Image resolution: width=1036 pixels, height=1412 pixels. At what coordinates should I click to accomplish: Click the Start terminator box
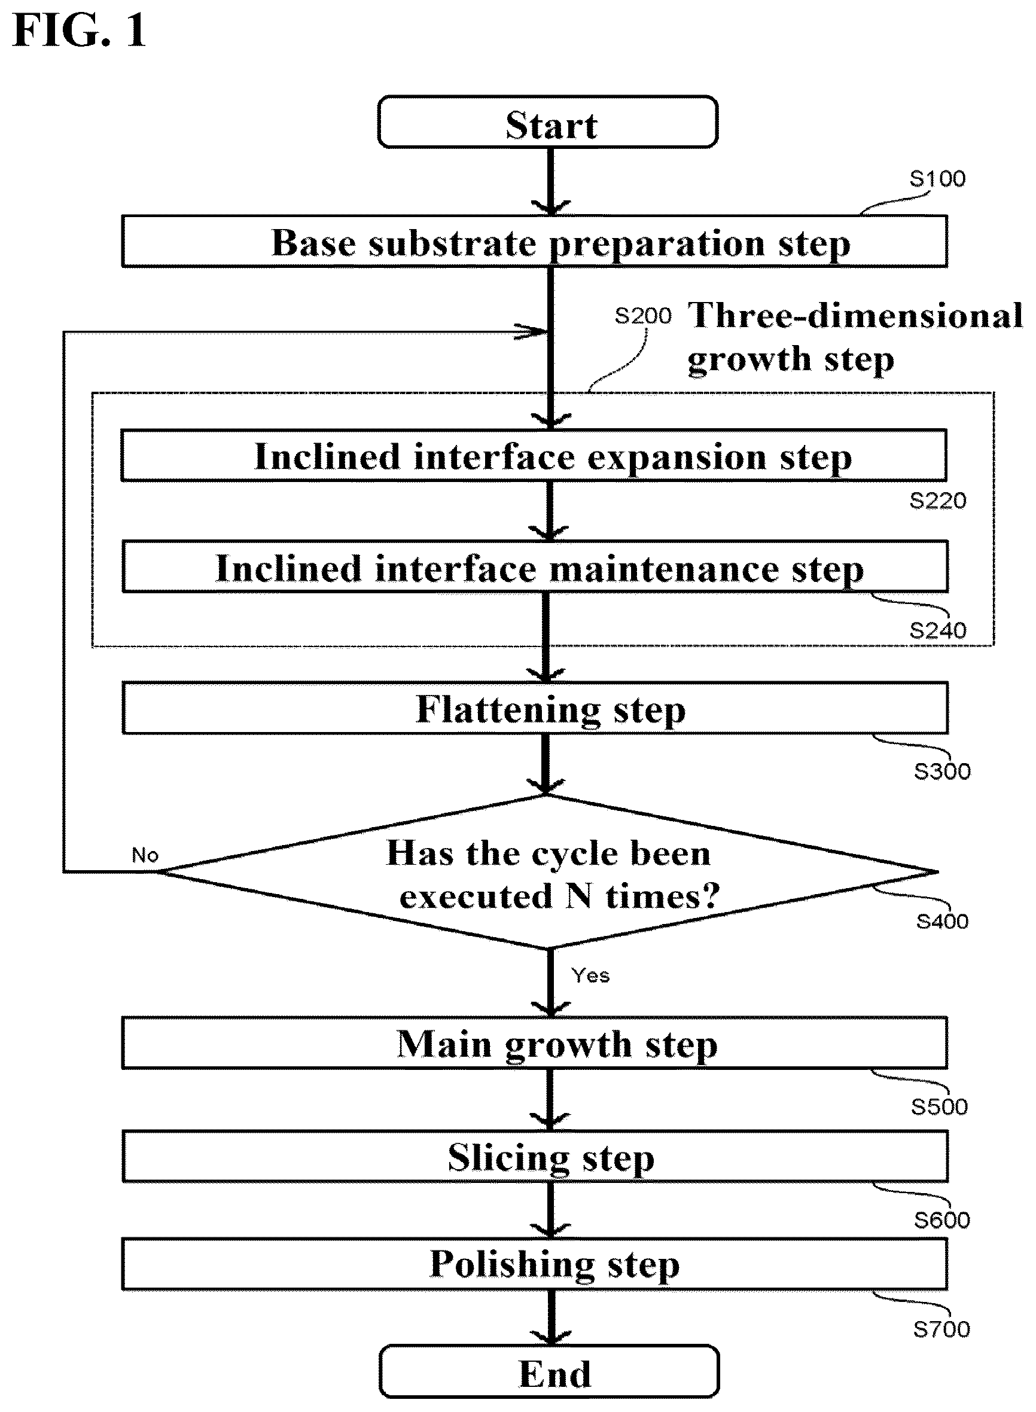[547, 121]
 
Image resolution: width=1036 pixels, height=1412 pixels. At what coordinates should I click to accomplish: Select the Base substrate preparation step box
[534, 242]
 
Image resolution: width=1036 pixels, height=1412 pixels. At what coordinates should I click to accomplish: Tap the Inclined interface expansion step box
[534, 455]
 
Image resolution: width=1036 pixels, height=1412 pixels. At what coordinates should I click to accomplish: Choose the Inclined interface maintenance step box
[535, 567]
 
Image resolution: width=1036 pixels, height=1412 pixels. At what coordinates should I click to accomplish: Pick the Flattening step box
[535, 708]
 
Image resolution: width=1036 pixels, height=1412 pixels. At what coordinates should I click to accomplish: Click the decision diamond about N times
[547, 872]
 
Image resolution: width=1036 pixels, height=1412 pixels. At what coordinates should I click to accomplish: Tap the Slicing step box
[535, 1157]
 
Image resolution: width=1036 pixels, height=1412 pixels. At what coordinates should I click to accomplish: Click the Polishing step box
[534, 1264]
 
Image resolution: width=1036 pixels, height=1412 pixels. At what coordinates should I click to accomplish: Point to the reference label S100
[937, 179]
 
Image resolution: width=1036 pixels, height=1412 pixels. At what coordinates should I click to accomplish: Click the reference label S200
[643, 316]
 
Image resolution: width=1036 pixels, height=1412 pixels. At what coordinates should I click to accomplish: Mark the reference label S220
[938, 501]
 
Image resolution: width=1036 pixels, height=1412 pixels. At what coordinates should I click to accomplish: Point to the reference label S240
[938, 631]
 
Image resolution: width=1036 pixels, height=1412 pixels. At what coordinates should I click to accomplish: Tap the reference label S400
[942, 921]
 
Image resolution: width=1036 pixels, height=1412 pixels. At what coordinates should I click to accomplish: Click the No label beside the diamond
[145, 855]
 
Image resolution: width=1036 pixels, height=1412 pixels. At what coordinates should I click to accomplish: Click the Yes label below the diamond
[590, 975]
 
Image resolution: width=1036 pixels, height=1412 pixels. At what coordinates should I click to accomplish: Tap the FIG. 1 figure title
[79, 31]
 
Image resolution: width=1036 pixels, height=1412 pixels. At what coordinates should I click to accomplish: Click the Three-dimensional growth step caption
[855, 337]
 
